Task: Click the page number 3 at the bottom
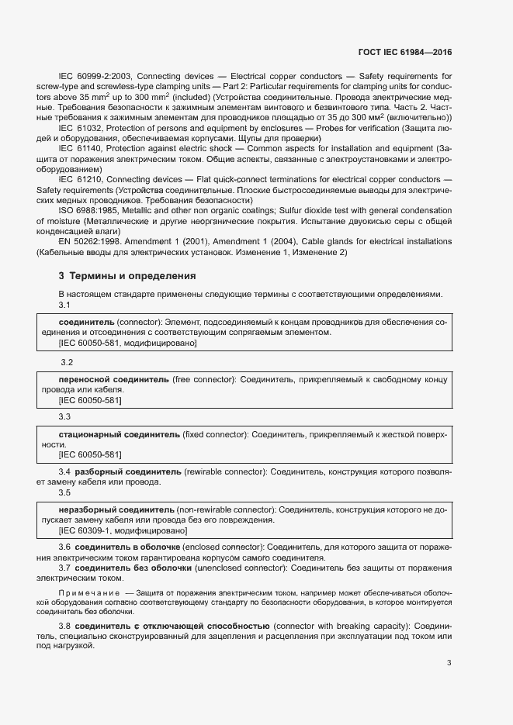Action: (x=449, y=663)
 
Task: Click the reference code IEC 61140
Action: (x=81, y=147)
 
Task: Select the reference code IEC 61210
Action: (x=81, y=178)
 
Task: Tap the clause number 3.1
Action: (x=65, y=305)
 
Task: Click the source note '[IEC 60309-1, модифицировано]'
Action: (x=123, y=531)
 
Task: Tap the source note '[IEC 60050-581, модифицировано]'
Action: (x=127, y=343)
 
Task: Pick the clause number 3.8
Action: (x=65, y=625)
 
